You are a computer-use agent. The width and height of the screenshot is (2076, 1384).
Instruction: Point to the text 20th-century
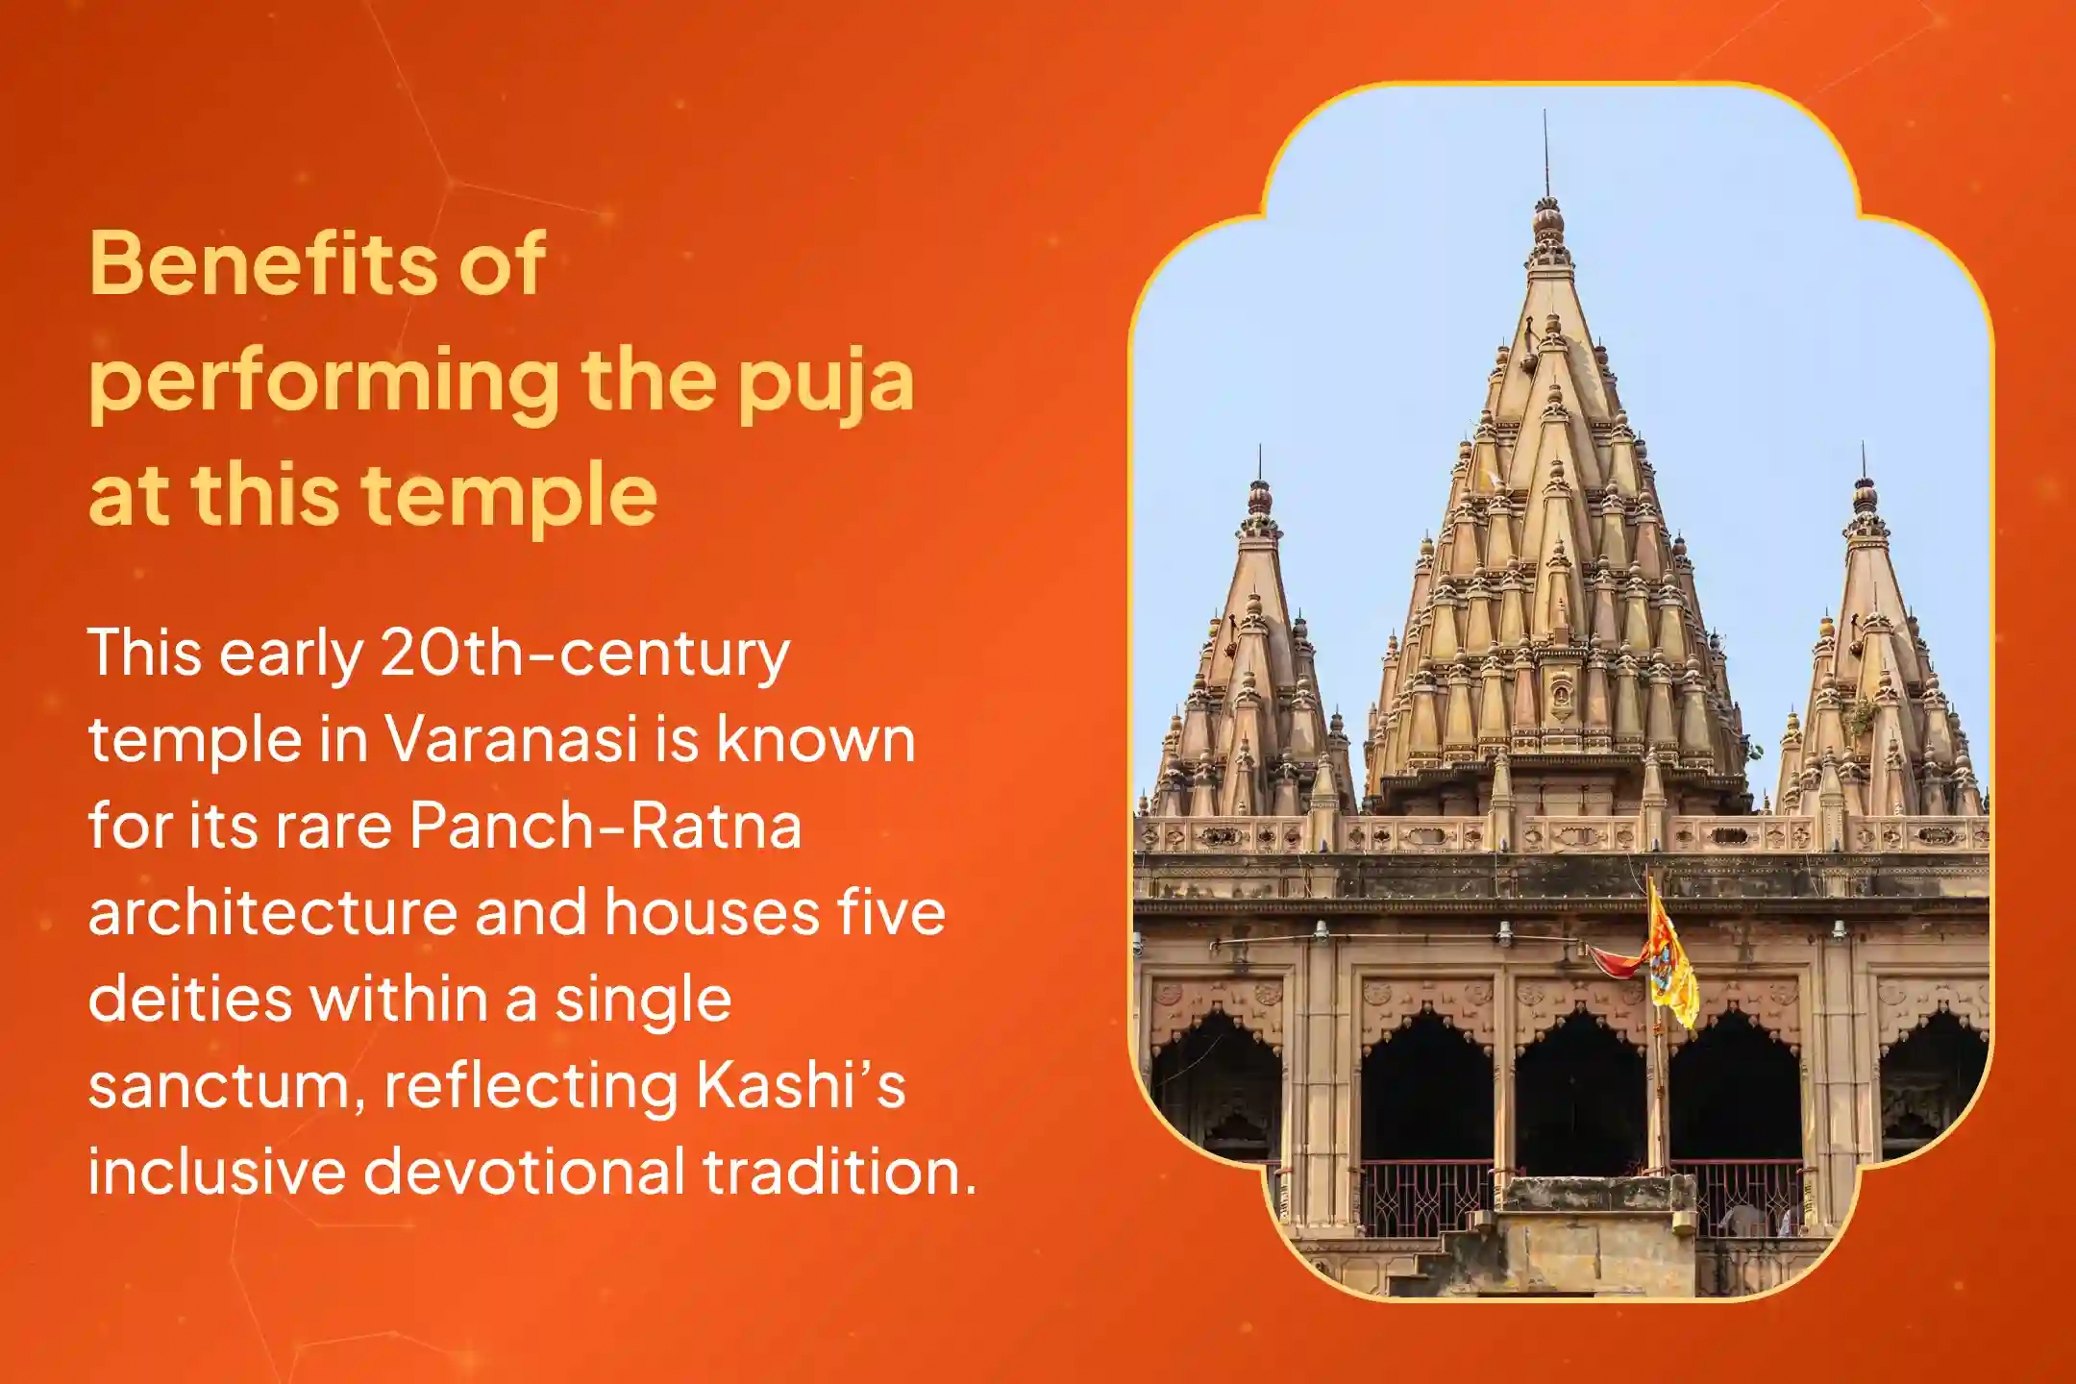coord(584,655)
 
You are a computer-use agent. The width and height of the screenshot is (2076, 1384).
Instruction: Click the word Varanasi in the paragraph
coord(511,740)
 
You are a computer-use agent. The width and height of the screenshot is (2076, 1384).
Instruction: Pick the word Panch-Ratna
coord(605,827)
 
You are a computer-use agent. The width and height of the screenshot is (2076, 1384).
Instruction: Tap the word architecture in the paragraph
coord(272,913)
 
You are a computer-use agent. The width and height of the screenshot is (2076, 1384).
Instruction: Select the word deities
coord(189,1000)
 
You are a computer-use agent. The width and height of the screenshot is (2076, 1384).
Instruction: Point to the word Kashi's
coord(800,1086)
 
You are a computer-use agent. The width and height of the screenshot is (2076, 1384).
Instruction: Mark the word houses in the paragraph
coord(711,913)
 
